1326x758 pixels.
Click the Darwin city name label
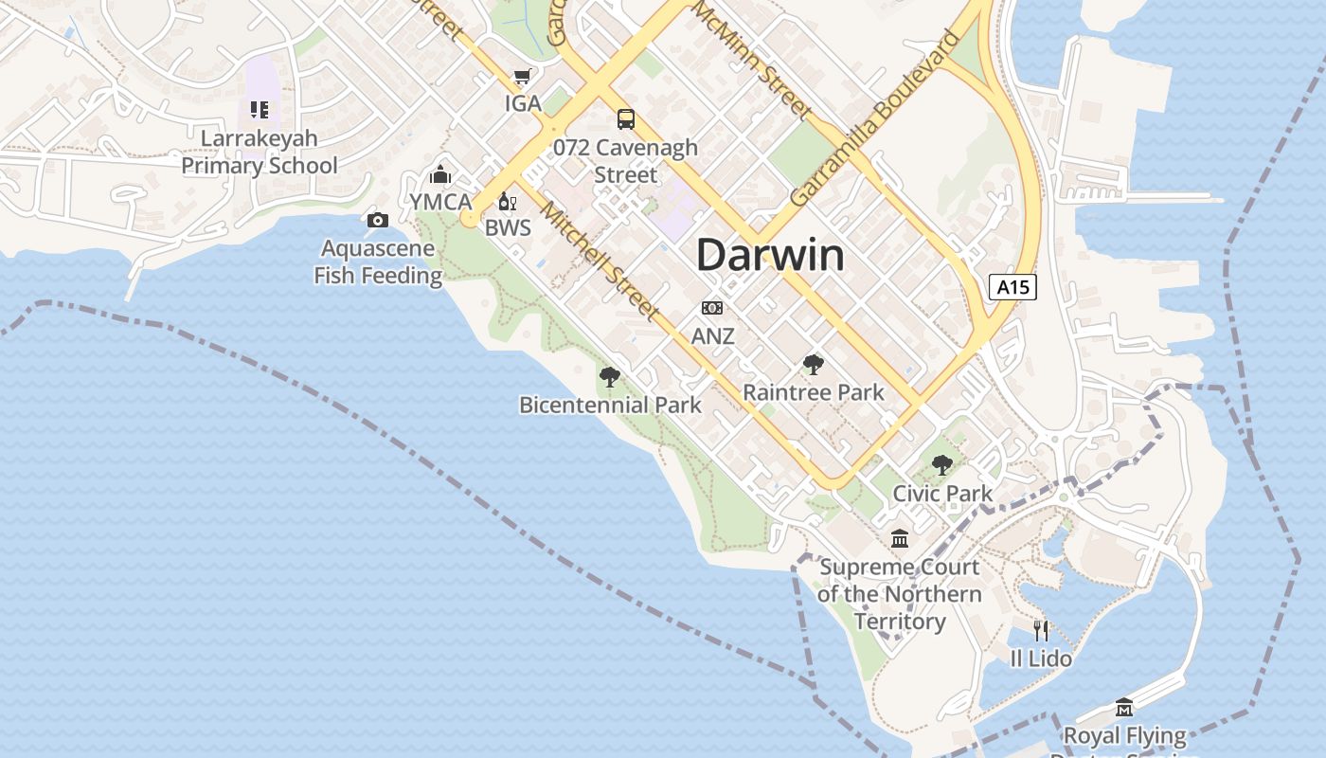click(770, 256)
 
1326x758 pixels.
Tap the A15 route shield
click(1012, 286)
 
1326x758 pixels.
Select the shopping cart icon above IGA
click(522, 77)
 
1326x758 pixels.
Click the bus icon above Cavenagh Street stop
click(626, 119)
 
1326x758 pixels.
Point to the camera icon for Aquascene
click(378, 221)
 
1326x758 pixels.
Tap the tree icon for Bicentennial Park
click(610, 377)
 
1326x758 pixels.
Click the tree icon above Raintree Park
click(813, 365)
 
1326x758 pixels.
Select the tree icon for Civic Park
click(941, 465)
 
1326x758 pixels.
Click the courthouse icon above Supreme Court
click(900, 539)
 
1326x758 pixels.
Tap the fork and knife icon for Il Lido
click(1041, 630)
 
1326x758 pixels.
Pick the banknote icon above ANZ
click(712, 308)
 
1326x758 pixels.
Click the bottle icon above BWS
click(507, 202)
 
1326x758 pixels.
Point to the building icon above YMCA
click(440, 174)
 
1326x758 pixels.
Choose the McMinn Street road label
click(752, 60)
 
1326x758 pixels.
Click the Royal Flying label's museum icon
click(1124, 708)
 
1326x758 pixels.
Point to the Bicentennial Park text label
click(610, 405)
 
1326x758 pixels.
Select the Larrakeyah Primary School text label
click(260, 152)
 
